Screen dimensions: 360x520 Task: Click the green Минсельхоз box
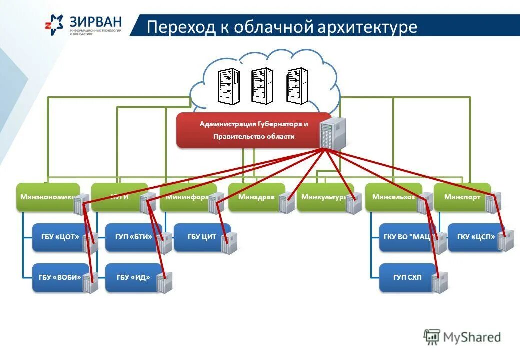coord(393,197)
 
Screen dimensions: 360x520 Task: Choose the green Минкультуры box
coord(322,197)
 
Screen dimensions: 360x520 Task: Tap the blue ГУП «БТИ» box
coord(133,237)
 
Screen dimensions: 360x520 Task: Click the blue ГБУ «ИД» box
coord(133,277)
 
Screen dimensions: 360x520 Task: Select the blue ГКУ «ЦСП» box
coord(475,237)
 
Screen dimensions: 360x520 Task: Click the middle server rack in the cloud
coord(262,85)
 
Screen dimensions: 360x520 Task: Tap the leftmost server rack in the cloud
coord(228,85)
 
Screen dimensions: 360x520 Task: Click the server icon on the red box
coord(332,132)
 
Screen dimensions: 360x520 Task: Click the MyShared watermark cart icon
coord(432,336)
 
